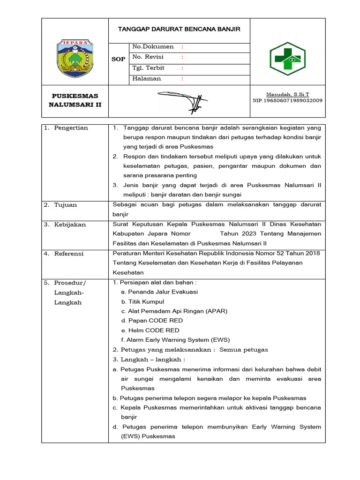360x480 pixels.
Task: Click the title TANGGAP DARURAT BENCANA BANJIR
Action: [179, 29]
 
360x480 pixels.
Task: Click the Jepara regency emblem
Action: [75, 58]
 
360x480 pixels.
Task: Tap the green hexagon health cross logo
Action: [287, 59]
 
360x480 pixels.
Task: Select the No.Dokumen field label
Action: [153, 47]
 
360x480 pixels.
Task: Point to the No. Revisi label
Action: [150, 57]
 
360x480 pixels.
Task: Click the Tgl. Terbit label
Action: [149, 68]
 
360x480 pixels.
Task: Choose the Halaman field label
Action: [146, 79]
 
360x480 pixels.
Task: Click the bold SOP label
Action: [118, 60]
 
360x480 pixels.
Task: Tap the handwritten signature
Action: [183, 99]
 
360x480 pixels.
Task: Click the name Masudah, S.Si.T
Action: [288, 94]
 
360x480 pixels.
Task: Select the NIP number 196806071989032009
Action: [287, 100]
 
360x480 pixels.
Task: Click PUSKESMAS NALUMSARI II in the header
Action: [75, 100]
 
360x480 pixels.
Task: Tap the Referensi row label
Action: [69, 254]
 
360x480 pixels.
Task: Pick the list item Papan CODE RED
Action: [152, 321]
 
